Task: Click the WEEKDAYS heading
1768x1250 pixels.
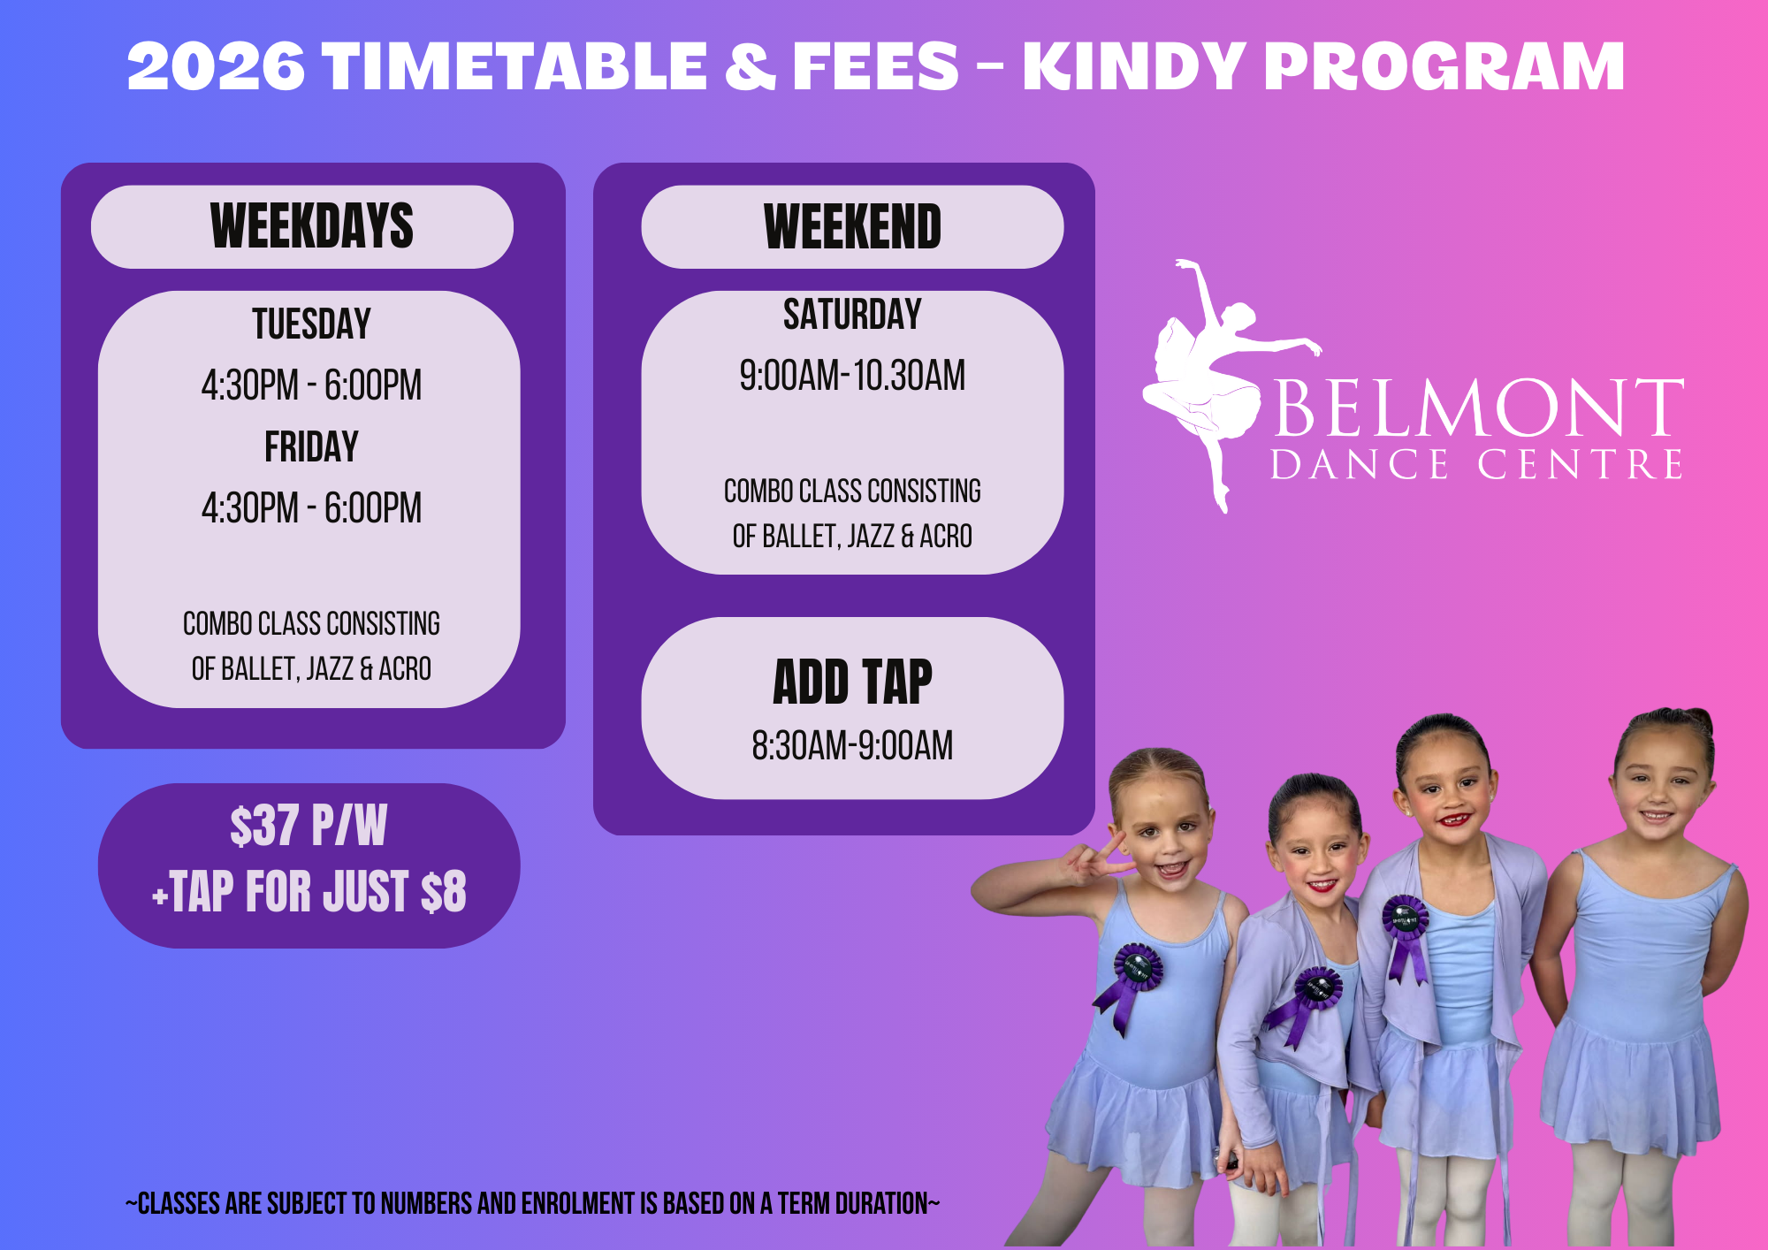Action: pyautogui.click(x=311, y=226)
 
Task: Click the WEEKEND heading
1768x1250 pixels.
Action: pyautogui.click(x=852, y=226)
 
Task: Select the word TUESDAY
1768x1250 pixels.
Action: pyautogui.click(x=311, y=324)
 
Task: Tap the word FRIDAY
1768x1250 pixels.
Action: pyautogui.click(x=311, y=446)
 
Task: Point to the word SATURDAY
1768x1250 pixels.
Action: pyautogui.click(x=852, y=315)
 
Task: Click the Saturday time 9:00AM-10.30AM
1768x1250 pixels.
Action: pyautogui.click(x=852, y=375)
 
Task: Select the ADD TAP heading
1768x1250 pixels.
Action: pyautogui.click(x=852, y=682)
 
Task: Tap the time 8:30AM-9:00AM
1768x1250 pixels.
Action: pyautogui.click(x=852, y=745)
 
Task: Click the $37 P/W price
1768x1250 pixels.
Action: pyautogui.click(x=309, y=826)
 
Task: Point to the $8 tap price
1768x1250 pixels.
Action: pyautogui.click(x=444, y=891)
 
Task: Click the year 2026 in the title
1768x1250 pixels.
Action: pyautogui.click(x=217, y=66)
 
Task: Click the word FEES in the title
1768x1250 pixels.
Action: pyautogui.click(x=875, y=66)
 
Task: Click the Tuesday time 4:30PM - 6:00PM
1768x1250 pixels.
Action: pyautogui.click(x=311, y=385)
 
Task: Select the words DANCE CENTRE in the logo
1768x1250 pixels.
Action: pyautogui.click(x=1476, y=465)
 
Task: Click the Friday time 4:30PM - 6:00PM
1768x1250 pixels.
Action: pyautogui.click(x=311, y=508)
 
